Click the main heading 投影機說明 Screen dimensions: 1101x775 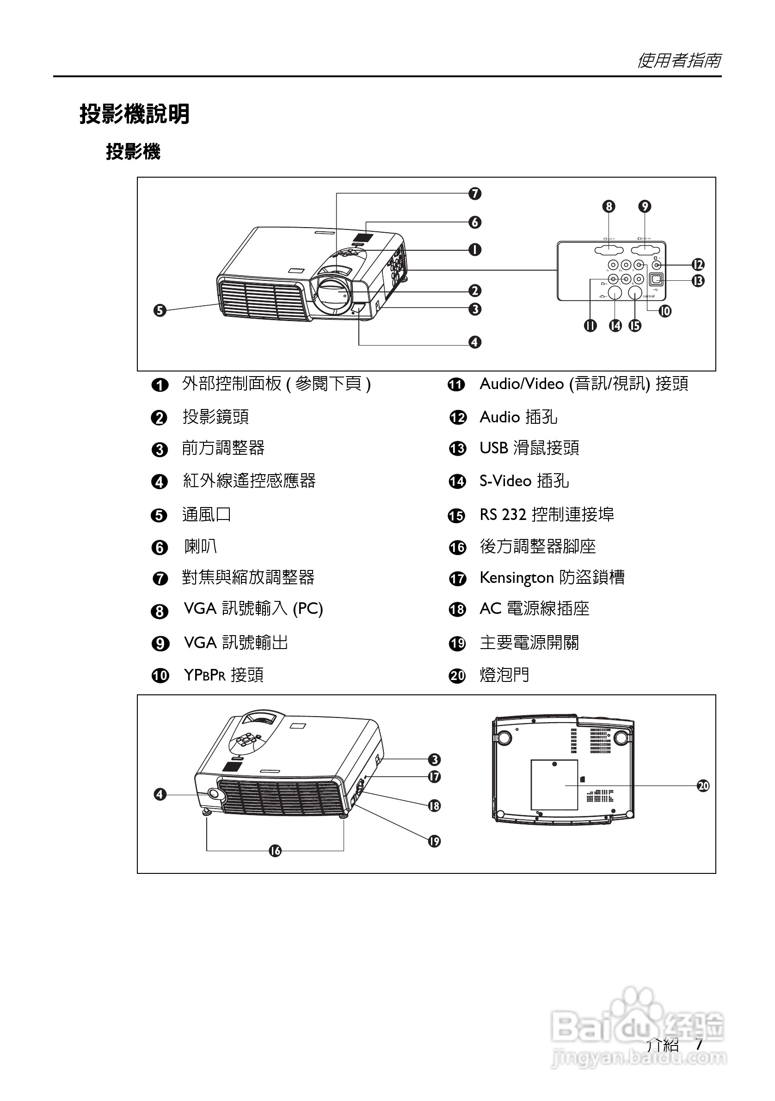[x=134, y=114]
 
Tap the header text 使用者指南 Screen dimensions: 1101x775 [x=679, y=61]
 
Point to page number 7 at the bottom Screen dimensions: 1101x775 [x=699, y=1044]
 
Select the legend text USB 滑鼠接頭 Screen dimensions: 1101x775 [x=529, y=448]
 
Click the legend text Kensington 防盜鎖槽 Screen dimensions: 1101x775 [x=552, y=577]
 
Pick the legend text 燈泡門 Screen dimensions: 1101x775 [x=504, y=674]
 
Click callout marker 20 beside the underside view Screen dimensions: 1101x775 [x=702, y=786]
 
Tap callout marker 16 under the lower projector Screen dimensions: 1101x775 [x=275, y=851]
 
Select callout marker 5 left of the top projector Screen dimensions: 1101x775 [x=160, y=310]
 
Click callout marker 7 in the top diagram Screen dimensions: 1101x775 [x=474, y=193]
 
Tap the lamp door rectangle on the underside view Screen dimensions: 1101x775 [x=554, y=785]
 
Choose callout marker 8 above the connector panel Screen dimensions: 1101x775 [x=609, y=206]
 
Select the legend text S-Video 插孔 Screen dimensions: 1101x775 [x=524, y=481]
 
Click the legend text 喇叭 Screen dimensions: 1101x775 [x=200, y=546]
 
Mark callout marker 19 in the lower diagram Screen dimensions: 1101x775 [x=434, y=841]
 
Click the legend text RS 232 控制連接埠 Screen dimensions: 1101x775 [x=547, y=514]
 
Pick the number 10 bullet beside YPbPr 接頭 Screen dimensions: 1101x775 [x=160, y=676]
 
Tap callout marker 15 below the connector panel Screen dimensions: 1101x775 [x=634, y=326]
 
